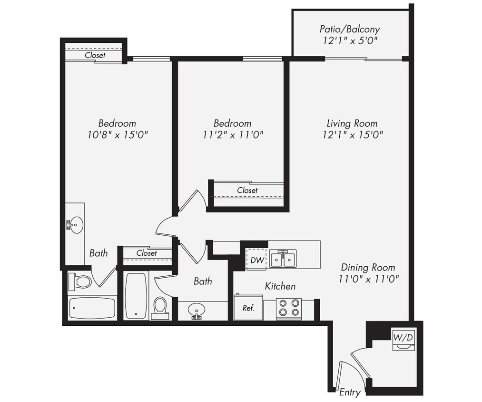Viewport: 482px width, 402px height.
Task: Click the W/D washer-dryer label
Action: [x=403, y=337]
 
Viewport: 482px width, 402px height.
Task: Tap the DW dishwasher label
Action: [x=257, y=260]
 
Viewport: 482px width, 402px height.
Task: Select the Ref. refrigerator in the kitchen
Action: [x=248, y=308]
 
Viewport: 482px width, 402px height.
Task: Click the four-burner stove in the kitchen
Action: [x=289, y=308]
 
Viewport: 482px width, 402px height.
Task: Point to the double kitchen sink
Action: [x=283, y=259]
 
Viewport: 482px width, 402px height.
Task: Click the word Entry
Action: [x=350, y=392]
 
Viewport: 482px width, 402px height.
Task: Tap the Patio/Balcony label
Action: [x=350, y=30]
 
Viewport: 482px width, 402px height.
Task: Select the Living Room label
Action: [x=352, y=123]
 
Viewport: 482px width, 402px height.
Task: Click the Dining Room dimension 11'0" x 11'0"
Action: [x=368, y=279]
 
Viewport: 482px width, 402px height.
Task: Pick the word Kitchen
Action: [x=280, y=286]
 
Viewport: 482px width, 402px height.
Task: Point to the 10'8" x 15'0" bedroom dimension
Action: [x=118, y=135]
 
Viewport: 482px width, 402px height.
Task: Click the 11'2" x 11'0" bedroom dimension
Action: [x=232, y=135]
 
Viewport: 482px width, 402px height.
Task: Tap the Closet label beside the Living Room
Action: [x=247, y=191]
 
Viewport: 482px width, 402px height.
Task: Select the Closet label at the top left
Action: [x=95, y=55]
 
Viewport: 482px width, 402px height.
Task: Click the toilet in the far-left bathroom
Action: [x=80, y=281]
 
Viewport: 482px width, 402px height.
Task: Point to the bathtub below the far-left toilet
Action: [x=92, y=308]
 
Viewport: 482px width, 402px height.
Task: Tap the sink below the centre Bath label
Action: [x=196, y=312]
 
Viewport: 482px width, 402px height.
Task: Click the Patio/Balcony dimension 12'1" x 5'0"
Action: [x=350, y=41]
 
